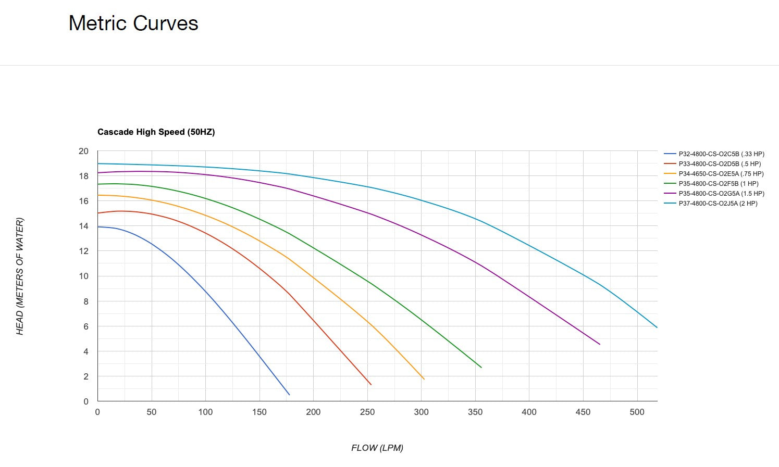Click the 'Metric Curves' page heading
pyautogui.click(x=133, y=23)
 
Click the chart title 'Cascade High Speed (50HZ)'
pyautogui.click(x=156, y=132)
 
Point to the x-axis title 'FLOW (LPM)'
pyautogui.click(x=377, y=448)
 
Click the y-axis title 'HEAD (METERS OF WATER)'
pyautogui.click(x=20, y=276)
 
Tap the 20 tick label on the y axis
pyautogui.click(x=83, y=152)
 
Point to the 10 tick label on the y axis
pyautogui.click(x=83, y=276)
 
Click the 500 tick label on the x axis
pyautogui.click(x=637, y=412)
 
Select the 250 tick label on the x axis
pyautogui.click(x=367, y=412)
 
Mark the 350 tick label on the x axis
pyautogui.click(x=475, y=412)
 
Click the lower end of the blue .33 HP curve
pyautogui.click(x=289, y=395)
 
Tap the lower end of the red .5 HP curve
pyautogui.click(x=371, y=385)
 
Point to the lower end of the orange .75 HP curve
pyautogui.click(x=424, y=379)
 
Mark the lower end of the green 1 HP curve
pyautogui.click(x=481, y=368)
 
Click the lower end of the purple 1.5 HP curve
pyautogui.click(x=600, y=344)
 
